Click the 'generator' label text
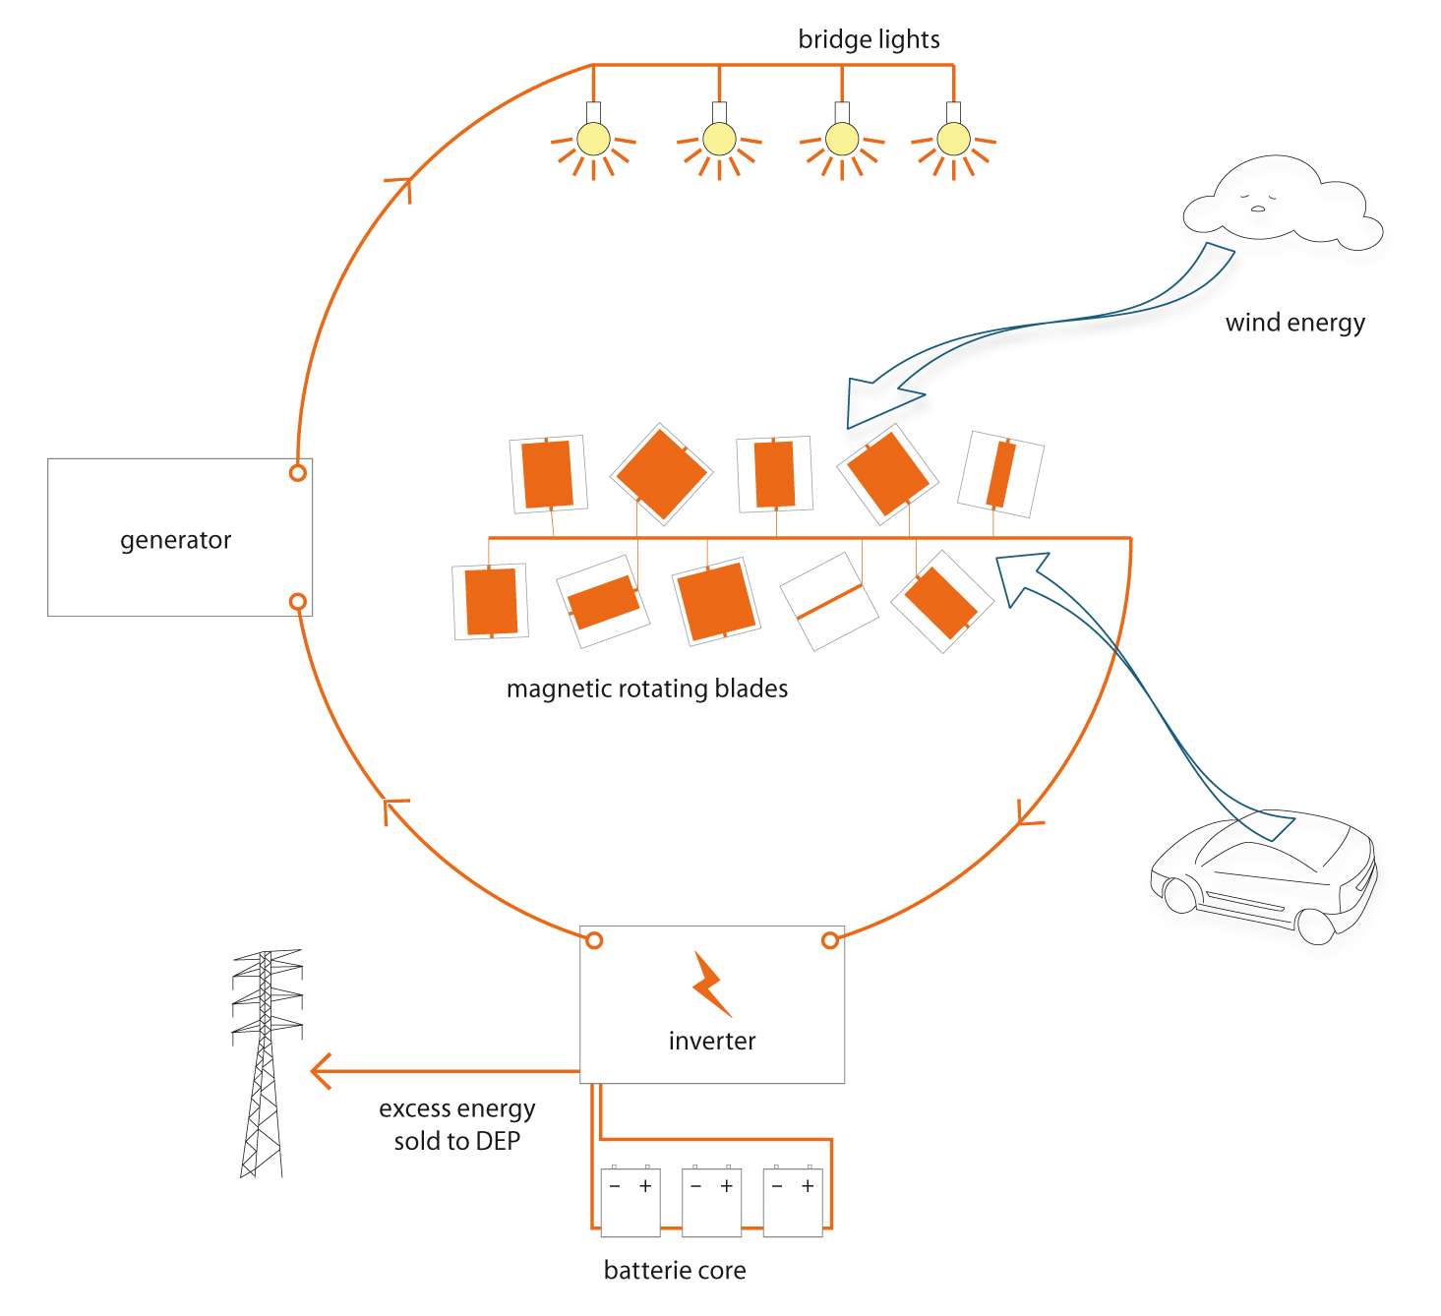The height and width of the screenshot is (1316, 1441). (175, 540)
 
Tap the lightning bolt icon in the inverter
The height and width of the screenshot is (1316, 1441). (711, 984)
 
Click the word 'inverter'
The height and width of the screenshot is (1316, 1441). (712, 1041)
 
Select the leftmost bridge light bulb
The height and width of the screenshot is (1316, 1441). (593, 139)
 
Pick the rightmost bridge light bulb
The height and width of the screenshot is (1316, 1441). (953, 139)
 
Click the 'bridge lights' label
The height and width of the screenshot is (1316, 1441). (869, 39)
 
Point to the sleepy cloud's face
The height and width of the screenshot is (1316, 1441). (1257, 201)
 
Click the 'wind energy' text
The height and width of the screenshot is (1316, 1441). (1295, 323)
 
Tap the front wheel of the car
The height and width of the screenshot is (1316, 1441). (1315, 926)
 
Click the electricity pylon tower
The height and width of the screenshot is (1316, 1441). (266, 1063)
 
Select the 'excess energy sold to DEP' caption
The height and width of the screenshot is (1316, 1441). (456, 1124)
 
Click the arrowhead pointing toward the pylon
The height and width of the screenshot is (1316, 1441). (321, 1071)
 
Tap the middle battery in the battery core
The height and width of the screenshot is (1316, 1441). (711, 1202)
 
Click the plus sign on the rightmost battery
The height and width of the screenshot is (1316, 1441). (808, 1185)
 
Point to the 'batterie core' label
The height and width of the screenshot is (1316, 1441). (675, 1270)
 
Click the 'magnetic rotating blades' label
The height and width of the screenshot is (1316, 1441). (647, 688)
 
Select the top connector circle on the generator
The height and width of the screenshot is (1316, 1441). (297, 473)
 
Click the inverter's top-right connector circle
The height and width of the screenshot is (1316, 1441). (830, 940)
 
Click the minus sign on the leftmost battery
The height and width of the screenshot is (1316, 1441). (614, 1186)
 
